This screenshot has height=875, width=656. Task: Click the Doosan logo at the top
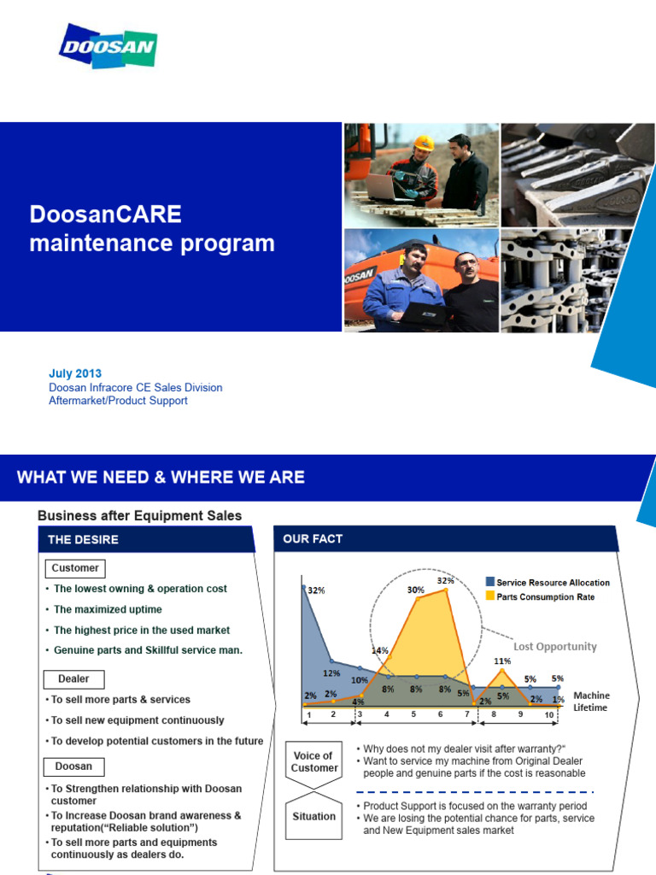pyautogui.click(x=108, y=46)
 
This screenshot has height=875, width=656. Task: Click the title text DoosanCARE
pyautogui.click(x=106, y=214)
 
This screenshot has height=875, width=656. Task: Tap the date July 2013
pyautogui.click(x=75, y=373)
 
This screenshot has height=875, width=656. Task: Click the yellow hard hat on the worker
pyautogui.click(x=423, y=144)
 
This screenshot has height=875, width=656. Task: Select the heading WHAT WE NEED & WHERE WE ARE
pyautogui.click(x=161, y=477)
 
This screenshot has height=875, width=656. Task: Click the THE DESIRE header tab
pyautogui.click(x=84, y=539)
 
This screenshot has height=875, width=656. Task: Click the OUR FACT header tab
pyautogui.click(x=314, y=539)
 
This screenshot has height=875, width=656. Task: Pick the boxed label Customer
pyautogui.click(x=75, y=568)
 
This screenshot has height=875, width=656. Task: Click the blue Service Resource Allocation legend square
pyautogui.click(x=490, y=583)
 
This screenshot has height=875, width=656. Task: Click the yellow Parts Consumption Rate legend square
pyautogui.click(x=490, y=596)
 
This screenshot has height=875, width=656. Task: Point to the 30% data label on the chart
pyautogui.click(x=416, y=590)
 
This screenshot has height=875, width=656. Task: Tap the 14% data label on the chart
pyautogui.click(x=380, y=650)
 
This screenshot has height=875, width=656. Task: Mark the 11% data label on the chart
pyautogui.click(x=501, y=661)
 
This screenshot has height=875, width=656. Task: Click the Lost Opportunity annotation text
pyautogui.click(x=554, y=647)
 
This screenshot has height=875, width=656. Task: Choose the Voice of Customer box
pyautogui.click(x=313, y=761)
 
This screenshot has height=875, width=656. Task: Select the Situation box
pyautogui.click(x=313, y=816)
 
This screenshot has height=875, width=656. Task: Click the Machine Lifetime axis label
pyautogui.click(x=591, y=702)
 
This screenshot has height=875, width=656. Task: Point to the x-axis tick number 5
pyautogui.click(x=413, y=714)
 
